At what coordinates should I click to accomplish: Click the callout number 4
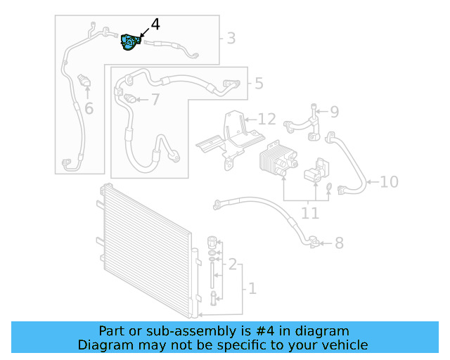pos(155,24)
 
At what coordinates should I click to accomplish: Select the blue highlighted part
pos(130,42)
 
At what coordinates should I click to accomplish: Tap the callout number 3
pos(231,38)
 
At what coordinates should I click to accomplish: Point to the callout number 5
pos(259,84)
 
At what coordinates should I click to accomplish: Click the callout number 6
pos(89,108)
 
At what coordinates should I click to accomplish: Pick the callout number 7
pos(155,100)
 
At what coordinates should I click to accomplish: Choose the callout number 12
pos(266,119)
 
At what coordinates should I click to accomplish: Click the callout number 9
pos(334,111)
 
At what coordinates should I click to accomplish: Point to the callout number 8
pos(339,243)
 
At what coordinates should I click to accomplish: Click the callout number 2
pos(232,264)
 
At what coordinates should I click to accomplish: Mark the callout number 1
pos(252,288)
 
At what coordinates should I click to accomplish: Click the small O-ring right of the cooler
pos(328,186)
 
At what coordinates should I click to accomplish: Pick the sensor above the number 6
pos(86,81)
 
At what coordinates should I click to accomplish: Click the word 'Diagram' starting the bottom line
pos(103,345)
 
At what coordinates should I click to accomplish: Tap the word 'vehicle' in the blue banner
pos(343,345)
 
